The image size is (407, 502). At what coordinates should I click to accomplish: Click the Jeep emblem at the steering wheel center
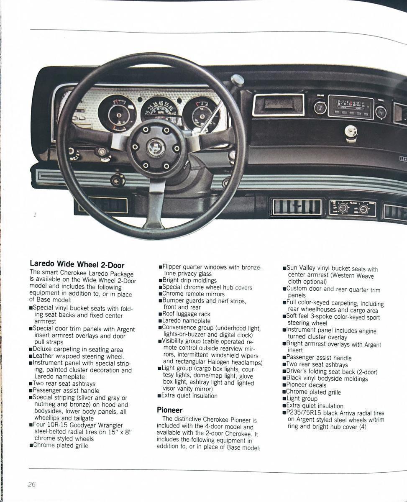[x=156, y=147]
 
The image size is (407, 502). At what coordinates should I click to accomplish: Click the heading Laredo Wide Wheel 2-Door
[x=77, y=264]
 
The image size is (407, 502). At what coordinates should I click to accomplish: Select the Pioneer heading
[x=169, y=410]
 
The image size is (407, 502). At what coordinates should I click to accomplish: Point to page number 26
[x=32, y=484]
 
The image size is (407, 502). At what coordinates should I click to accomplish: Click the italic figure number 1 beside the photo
[x=35, y=215]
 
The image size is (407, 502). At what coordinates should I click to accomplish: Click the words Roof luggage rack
[x=186, y=314]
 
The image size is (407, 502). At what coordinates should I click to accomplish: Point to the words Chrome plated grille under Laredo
[x=60, y=446]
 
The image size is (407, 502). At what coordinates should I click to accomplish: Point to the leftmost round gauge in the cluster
[x=117, y=113]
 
